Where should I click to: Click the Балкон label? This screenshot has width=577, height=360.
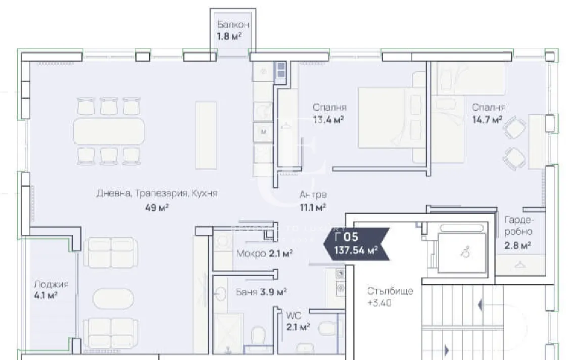[233, 24]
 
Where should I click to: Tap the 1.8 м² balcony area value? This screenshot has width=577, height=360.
[229, 36]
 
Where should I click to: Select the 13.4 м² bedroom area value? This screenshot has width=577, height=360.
[328, 120]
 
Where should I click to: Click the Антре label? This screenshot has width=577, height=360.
[313, 195]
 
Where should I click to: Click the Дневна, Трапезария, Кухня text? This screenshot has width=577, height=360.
[157, 194]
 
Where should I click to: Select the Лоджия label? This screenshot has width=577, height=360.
[51, 284]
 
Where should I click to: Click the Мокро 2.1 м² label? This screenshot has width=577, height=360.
[265, 253]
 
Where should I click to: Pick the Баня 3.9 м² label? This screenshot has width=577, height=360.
[262, 291]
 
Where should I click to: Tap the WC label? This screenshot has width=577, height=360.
[294, 316]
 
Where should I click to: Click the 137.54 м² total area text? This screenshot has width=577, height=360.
[356, 249]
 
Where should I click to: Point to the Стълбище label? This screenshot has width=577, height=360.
[391, 291]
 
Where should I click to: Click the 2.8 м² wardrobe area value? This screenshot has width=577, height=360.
[517, 245]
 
